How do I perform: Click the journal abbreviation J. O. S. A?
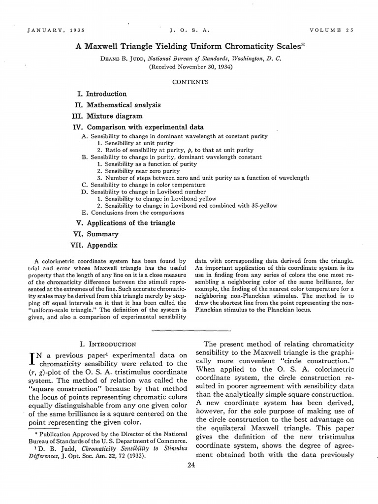pyautogui.click(x=189, y=30)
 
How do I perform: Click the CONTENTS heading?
pyautogui.click(x=190, y=82)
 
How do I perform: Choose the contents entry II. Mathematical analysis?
pyautogui.click(x=118, y=105)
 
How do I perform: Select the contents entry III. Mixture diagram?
pyautogui.click(x=108, y=116)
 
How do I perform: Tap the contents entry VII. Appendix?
pyautogui.click(x=95, y=245)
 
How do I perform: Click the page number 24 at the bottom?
pyautogui.click(x=191, y=467)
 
